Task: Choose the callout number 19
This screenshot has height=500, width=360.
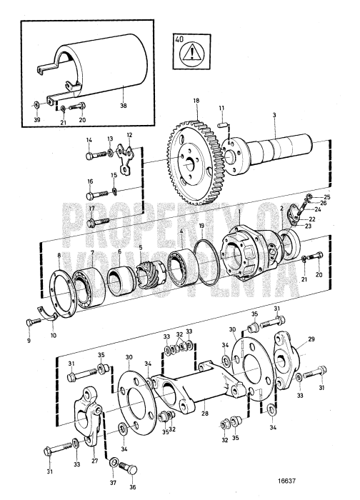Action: [202, 226]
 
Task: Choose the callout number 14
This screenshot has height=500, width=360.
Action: [89, 140]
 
